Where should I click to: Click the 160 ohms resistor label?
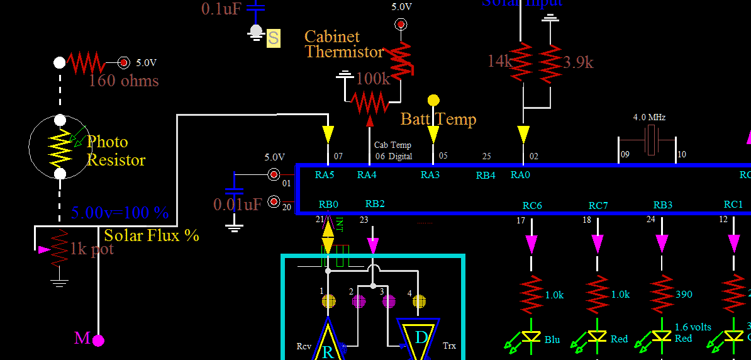123,81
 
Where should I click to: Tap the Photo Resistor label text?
116,151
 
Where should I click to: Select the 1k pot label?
92,249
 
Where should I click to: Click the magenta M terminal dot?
98,340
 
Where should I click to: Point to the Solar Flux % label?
152,236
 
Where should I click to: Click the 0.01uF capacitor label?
238,205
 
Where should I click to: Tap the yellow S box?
273,38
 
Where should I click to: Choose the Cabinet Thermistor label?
343,45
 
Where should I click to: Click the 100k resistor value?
373,79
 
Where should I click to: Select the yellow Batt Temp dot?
433,100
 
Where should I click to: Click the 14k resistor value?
501,61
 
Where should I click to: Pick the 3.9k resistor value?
578,62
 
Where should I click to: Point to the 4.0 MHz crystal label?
649,117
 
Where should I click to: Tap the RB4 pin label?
486,176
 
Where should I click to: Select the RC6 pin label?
532,205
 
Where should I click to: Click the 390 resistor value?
684,295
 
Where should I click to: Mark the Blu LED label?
552,340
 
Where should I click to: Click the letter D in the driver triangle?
421,338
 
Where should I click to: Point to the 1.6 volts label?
693,327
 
